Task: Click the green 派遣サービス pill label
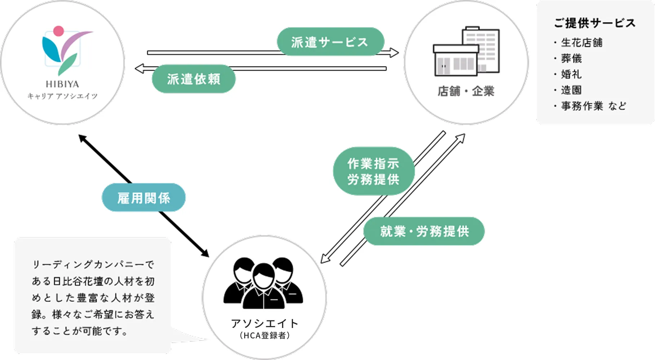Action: click(x=330, y=42)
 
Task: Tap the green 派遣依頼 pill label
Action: click(x=193, y=79)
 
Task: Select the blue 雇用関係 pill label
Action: click(x=144, y=198)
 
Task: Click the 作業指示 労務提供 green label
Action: click(x=373, y=171)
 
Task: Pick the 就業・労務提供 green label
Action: click(x=424, y=231)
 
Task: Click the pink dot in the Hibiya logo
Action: click(x=58, y=31)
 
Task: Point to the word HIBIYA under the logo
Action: click(x=62, y=84)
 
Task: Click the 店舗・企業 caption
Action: click(x=466, y=91)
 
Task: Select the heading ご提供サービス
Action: click(x=594, y=23)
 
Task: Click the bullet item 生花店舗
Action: click(x=581, y=43)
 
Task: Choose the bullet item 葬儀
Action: click(x=571, y=58)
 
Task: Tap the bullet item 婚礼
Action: click(x=571, y=74)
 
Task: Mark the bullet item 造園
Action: click(x=571, y=90)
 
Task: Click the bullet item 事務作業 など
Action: click(x=593, y=106)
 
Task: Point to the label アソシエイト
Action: click(x=264, y=323)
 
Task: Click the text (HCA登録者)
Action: click(x=264, y=335)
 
